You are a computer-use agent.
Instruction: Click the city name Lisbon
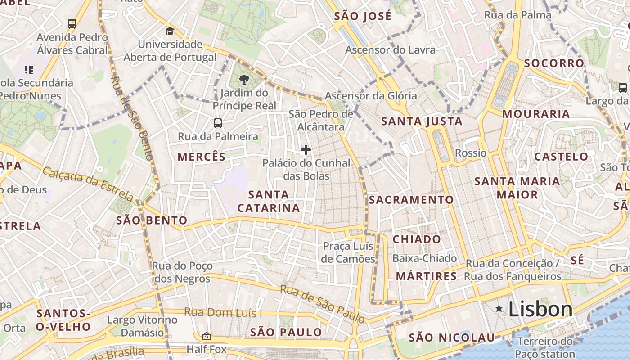click(x=540, y=309)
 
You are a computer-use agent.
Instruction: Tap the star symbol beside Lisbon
click(x=499, y=308)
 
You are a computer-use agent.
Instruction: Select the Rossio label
click(x=471, y=153)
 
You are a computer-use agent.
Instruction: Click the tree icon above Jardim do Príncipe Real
click(x=244, y=80)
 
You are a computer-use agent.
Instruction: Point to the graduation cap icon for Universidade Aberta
click(x=170, y=31)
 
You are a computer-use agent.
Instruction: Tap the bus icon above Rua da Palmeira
click(x=218, y=123)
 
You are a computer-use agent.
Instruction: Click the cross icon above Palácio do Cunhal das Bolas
click(x=306, y=150)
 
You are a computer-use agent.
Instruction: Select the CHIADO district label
click(x=417, y=239)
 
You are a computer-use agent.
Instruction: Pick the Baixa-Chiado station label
click(x=424, y=258)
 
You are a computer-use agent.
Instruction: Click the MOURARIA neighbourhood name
click(x=536, y=114)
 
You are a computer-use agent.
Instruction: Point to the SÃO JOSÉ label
click(x=363, y=17)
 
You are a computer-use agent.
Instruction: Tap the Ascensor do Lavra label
click(x=390, y=49)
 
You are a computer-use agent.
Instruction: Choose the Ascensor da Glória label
click(x=371, y=96)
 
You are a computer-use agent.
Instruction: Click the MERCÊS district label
click(x=201, y=157)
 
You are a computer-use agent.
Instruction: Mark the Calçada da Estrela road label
click(x=88, y=184)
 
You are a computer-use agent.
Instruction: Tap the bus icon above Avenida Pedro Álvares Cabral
click(x=72, y=23)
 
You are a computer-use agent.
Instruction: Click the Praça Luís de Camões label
click(x=349, y=252)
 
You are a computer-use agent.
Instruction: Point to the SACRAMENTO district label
click(x=411, y=200)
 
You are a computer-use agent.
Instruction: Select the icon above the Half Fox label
click(x=206, y=336)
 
